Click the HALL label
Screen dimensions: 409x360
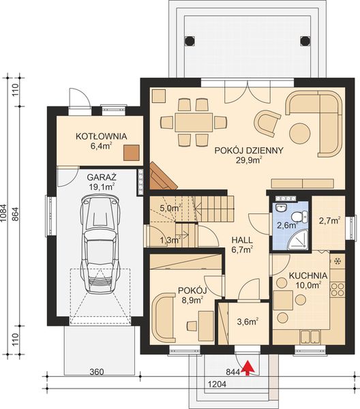click(241, 240)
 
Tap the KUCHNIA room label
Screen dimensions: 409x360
click(307, 276)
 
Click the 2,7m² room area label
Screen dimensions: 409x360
click(329, 220)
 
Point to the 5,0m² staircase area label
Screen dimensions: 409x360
click(170, 208)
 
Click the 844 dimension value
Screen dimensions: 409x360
click(233, 372)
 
